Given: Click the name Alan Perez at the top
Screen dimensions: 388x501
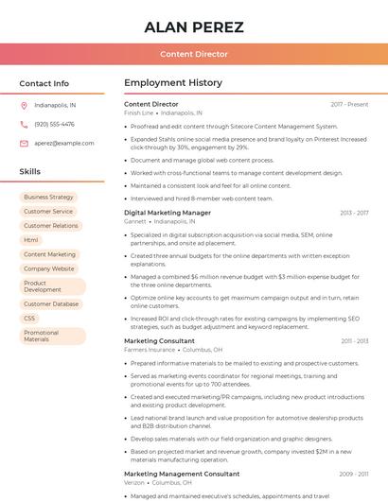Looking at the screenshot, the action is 194,26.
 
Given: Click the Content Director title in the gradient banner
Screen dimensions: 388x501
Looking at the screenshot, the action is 194,54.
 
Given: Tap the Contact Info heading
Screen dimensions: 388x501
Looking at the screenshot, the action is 44,83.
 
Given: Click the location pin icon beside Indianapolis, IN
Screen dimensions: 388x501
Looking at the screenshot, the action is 24,106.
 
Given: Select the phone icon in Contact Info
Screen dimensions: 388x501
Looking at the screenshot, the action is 24,124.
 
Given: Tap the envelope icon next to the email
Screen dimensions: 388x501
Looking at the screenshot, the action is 24,143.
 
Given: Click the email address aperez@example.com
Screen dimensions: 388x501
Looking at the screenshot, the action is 64,143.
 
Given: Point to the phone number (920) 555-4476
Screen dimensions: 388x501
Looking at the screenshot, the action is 54,124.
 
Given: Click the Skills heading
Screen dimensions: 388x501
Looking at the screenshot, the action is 30,172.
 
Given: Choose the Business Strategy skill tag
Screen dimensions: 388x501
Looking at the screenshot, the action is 48,198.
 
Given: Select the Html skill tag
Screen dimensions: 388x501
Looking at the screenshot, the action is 31,240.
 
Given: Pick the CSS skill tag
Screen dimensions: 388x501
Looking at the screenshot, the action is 29,319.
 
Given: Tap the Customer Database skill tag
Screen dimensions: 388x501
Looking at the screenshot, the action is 51,304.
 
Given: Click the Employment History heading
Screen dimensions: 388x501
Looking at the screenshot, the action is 173,83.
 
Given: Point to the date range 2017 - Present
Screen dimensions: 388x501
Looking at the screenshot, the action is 349,104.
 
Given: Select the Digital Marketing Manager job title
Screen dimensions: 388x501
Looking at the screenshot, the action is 168,213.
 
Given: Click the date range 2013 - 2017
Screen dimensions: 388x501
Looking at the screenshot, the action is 354,213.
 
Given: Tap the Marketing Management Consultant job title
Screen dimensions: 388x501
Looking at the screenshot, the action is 182,474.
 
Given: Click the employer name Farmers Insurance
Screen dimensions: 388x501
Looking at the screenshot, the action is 150,350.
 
